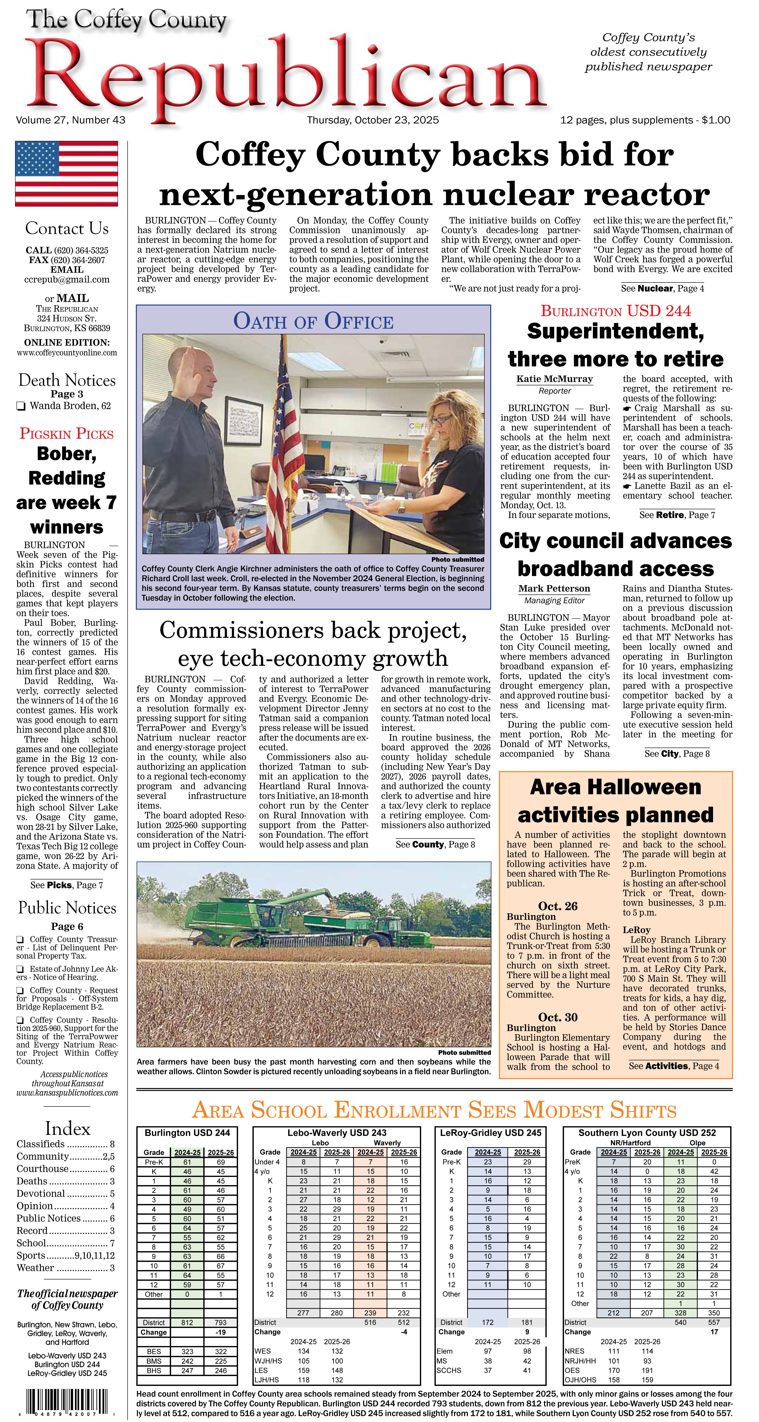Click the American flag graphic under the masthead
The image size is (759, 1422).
[x=66, y=173]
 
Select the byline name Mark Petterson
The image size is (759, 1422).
[x=554, y=588]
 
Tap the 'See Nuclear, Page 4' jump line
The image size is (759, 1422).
[x=662, y=288]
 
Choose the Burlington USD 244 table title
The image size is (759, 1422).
[x=187, y=1133]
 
